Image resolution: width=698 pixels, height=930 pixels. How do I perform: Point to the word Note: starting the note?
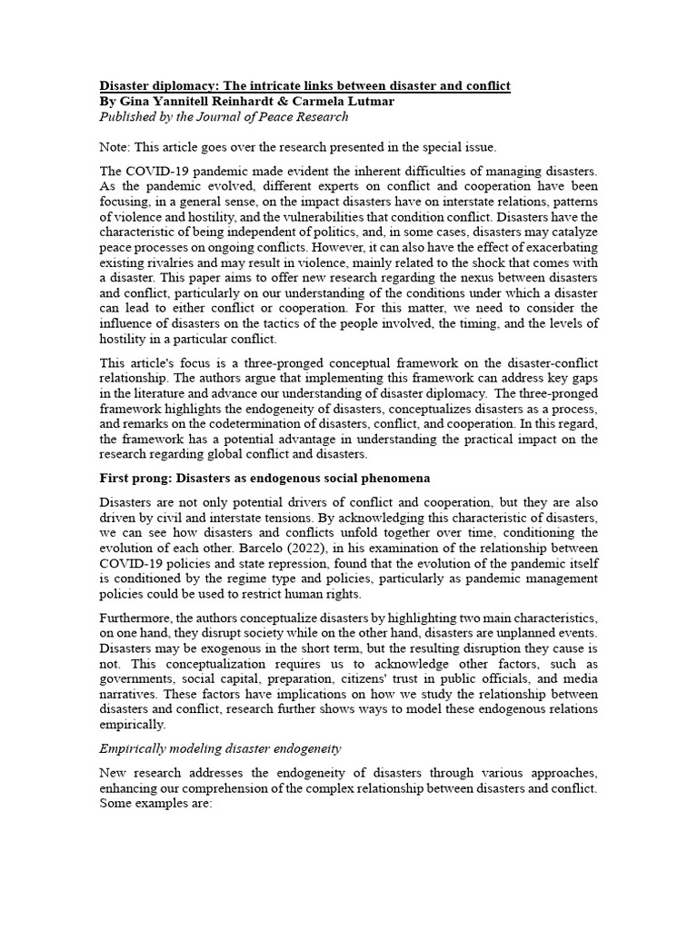(115, 147)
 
